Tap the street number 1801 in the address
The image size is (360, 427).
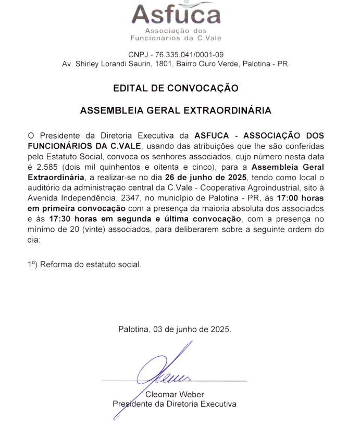157,64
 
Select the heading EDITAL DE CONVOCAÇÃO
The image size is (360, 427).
176,88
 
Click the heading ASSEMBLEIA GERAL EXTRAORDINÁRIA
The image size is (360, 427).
176,111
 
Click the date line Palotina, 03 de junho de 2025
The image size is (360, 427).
175,330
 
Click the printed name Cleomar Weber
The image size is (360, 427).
175,394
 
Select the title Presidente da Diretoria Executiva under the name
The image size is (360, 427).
175,404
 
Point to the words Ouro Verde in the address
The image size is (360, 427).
223,64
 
